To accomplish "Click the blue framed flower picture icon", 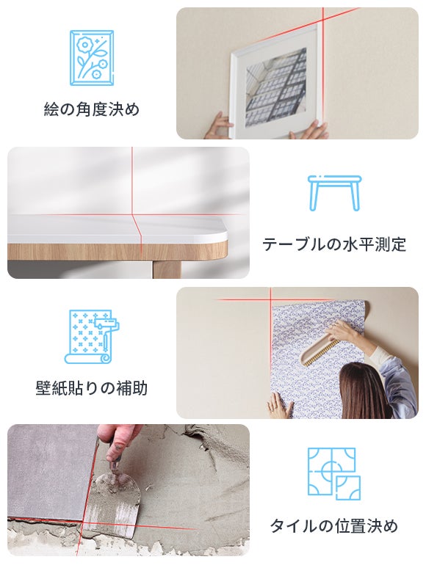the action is (x=92, y=58).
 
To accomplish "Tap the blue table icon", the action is (x=334, y=193).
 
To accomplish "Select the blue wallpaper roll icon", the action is (x=92, y=337).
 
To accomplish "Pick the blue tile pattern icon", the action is (x=334, y=473).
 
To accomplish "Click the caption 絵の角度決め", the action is (x=92, y=109).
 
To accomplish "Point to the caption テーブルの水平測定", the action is (x=334, y=244).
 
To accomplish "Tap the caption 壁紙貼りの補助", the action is (x=92, y=388).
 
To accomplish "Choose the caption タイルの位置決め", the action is (x=334, y=525).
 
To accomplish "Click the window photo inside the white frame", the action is (x=276, y=87).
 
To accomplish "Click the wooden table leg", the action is (x=167, y=269).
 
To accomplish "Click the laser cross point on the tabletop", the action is (x=132, y=215).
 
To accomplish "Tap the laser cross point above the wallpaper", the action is (x=271, y=299).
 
